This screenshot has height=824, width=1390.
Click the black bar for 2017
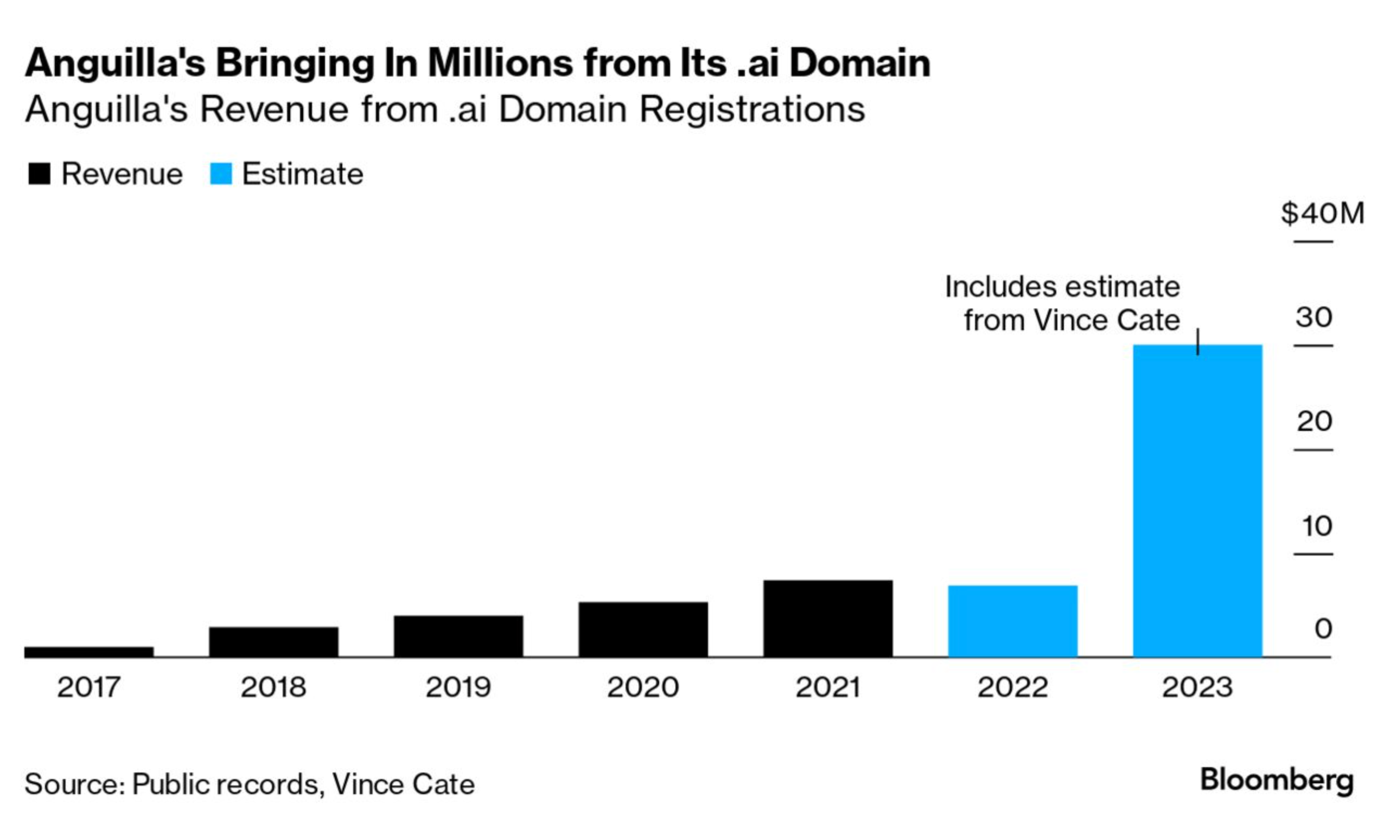pyautogui.click(x=89, y=651)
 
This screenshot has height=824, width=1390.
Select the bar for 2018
pyautogui.click(x=273, y=642)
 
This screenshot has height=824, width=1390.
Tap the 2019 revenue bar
pyautogui.click(x=458, y=636)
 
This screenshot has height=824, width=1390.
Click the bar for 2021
pyautogui.click(x=828, y=618)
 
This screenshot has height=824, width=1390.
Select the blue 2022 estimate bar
pyautogui.click(x=1012, y=621)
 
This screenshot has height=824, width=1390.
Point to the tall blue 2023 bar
pyautogui.click(x=1197, y=500)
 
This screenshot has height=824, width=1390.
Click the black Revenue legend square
pyautogui.click(x=39, y=174)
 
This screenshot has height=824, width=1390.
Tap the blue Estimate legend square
pyautogui.click(x=221, y=174)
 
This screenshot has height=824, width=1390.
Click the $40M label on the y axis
pyautogui.click(x=1322, y=213)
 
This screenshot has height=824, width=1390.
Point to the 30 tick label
pyautogui.click(x=1314, y=318)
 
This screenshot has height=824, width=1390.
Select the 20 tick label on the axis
pyautogui.click(x=1314, y=421)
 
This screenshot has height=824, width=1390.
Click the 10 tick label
pyautogui.click(x=1316, y=526)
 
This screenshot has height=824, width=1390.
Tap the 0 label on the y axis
pyautogui.click(x=1323, y=629)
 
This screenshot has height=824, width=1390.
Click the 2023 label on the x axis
pyautogui.click(x=1197, y=687)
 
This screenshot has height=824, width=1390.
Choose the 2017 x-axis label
pyautogui.click(x=89, y=687)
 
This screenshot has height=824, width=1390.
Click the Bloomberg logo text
pyautogui.click(x=1276, y=781)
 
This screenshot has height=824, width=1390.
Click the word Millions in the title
pyautogui.click(x=500, y=63)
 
